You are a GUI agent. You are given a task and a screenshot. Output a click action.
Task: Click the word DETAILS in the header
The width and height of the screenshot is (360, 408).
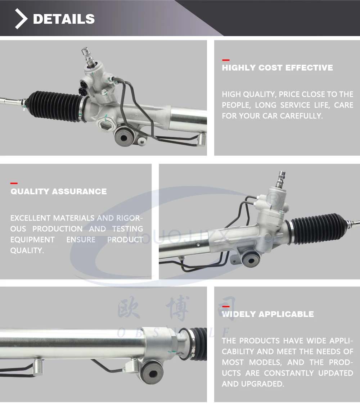(64, 19)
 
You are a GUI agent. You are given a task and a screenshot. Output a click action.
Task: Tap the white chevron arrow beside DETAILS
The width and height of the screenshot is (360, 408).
(21, 19)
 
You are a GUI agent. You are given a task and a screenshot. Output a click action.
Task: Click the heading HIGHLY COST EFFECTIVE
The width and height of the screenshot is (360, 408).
(277, 68)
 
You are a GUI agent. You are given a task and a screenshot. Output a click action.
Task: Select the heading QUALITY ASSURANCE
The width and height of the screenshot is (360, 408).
(58, 191)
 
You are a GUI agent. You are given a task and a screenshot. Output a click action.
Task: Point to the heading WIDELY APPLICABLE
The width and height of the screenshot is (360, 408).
(268, 314)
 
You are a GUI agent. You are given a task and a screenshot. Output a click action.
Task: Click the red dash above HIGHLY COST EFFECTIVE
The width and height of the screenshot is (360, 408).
(226, 60)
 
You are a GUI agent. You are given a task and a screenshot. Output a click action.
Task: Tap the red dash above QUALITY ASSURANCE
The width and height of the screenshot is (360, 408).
(14, 183)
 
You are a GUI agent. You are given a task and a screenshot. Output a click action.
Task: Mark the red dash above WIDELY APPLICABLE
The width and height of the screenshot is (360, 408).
(226, 307)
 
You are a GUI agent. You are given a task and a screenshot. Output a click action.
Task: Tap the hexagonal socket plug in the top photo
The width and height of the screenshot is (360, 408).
(105, 126)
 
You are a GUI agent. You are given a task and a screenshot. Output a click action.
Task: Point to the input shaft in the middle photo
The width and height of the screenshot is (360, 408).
(281, 179)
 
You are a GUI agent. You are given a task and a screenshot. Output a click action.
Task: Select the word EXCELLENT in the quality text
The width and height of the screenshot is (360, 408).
(30, 218)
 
